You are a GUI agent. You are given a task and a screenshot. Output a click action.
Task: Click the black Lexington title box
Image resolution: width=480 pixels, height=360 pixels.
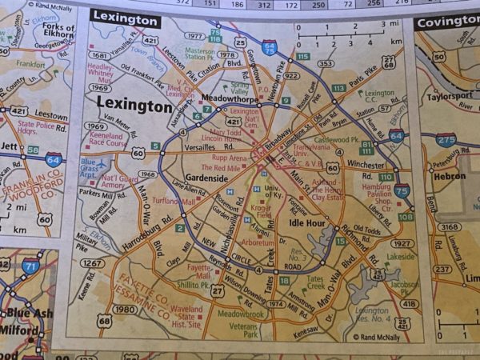click(x=125, y=18)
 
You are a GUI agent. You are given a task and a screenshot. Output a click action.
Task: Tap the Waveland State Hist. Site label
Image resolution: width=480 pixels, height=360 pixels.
click(x=186, y=317)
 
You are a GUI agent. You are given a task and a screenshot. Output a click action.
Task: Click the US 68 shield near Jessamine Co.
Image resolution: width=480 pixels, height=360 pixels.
click(x=105, y=321)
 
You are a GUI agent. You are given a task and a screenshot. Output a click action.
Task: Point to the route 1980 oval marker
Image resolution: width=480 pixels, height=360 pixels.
click(x=124, y=310)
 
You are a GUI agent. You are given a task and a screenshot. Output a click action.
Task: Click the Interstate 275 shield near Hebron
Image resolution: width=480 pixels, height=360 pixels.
click(x=446, y=140)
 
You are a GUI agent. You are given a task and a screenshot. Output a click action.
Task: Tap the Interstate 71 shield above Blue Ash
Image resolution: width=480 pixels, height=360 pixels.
click(x=31, y=266)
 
